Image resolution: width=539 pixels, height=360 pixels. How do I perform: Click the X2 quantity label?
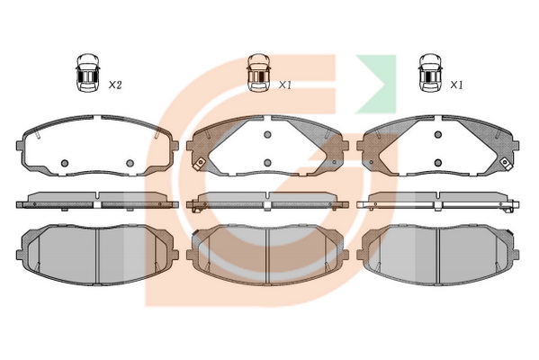(115, 85)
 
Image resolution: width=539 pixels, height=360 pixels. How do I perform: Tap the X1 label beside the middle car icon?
(284, 85)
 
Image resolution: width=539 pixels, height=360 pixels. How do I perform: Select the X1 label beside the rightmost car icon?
(456, 85)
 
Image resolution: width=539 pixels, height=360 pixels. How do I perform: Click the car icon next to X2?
(87, 73)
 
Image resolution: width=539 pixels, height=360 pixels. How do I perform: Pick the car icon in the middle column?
(259, 73)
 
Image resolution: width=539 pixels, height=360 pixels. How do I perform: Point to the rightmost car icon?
(430, 73)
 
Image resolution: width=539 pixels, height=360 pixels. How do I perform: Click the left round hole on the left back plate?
(64, 163)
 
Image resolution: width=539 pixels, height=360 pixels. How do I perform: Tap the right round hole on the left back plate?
(130, 163)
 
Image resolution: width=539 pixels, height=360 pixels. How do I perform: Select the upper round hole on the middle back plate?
(267, 134)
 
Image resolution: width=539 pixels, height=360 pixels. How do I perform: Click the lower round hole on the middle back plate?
(267, 163)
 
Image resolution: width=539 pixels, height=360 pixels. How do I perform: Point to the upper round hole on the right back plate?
(437, 134)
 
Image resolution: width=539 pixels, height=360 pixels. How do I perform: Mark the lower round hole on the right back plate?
(437, 163)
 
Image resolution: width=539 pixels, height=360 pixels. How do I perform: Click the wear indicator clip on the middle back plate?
(199, 163)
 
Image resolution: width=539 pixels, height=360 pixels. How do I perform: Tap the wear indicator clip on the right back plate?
(506, 163)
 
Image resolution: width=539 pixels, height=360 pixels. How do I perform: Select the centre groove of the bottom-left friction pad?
(97, 256)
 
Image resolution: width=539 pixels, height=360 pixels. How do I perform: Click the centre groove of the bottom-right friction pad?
(438, 256)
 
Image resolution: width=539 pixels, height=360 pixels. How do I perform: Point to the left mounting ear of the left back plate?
(20, 146)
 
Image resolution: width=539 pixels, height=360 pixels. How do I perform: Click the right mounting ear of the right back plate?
(516, 146)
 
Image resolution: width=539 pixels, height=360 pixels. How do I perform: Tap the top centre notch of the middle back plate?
(267, 118)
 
